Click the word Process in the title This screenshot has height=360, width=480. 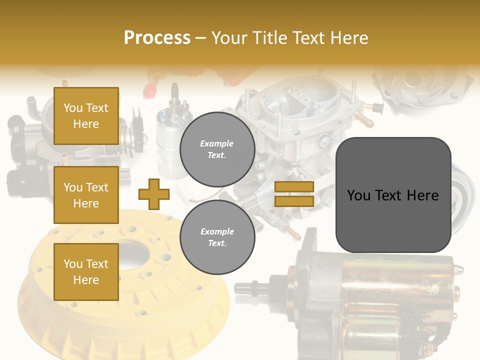pos(157,38)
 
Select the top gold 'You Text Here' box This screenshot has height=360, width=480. pos(86,116)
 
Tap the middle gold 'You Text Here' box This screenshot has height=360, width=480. pos(86,195)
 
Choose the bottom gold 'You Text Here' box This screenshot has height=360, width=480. pos(86,271)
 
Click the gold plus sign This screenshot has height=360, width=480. pos(154,194)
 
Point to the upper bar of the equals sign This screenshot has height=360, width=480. pos(294,186)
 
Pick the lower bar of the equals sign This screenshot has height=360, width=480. pos(294,201)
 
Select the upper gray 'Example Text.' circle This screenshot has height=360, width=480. pos(217,149)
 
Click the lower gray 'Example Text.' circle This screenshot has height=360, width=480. pos(217,237)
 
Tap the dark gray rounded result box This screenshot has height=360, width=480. pos(393,195)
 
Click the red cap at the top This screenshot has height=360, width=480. pos(148,90)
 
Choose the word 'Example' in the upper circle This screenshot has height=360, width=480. pos(217,143)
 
